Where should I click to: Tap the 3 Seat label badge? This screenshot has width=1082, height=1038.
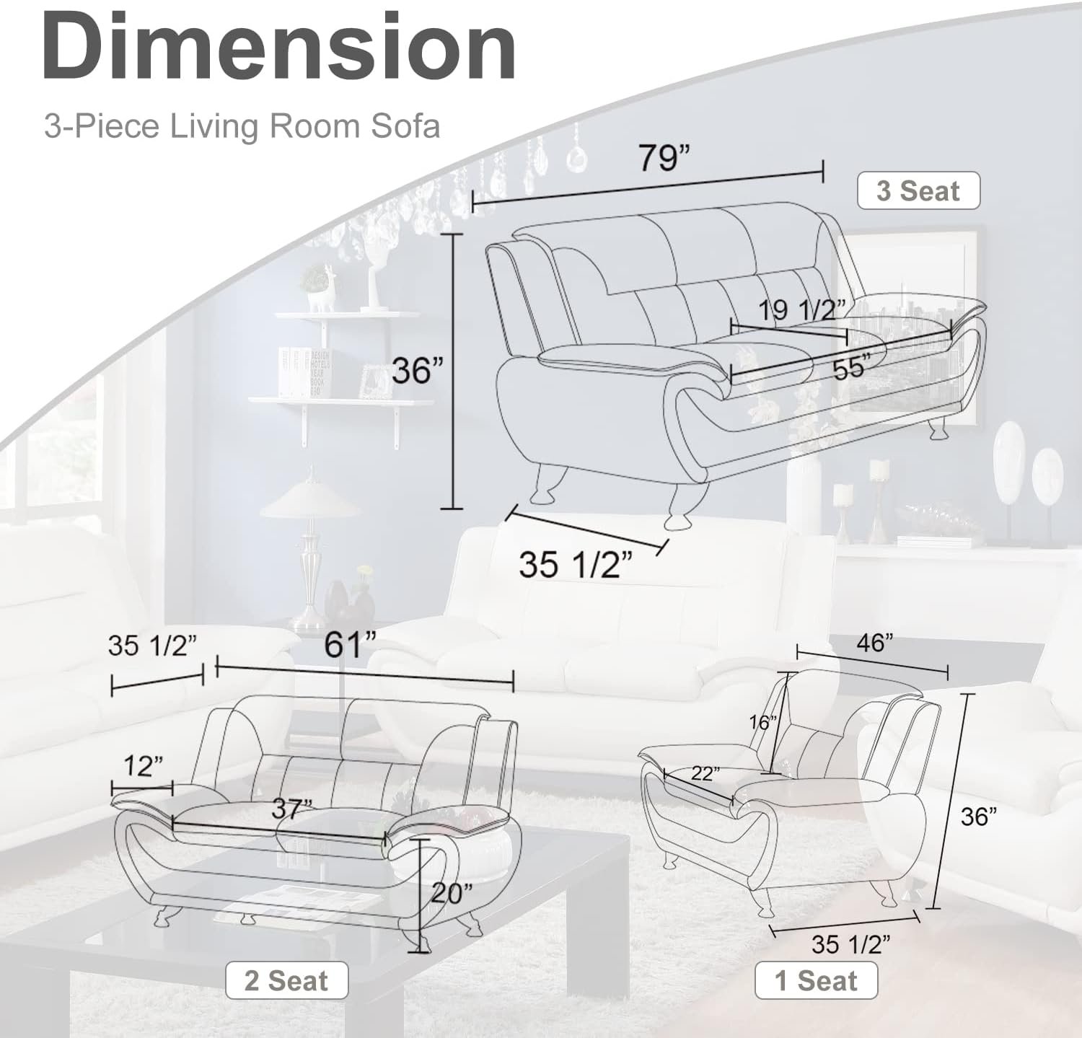click(918, 191)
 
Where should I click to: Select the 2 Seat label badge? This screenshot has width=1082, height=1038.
click(286, 981)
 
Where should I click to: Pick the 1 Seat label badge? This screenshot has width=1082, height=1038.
click(816, 981)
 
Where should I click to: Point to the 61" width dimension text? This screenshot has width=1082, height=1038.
click(351, 644)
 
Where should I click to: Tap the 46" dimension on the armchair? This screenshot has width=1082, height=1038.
click(874, 642)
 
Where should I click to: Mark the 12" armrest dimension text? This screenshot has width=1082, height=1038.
click(143, 766)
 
